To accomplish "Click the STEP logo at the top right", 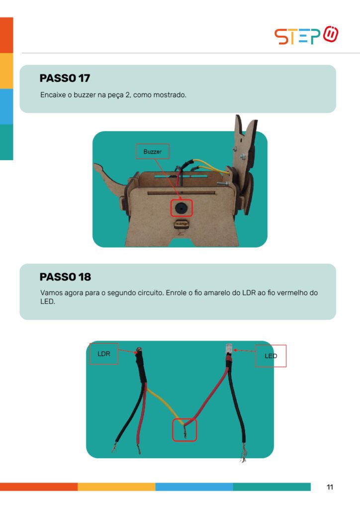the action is (x=306, y=35).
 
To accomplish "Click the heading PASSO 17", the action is (x=65, y=78).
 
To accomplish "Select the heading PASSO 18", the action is (x=65, y=277).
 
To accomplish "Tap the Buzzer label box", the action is (x=152, y=151).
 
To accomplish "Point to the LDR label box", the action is (x=104, y=354).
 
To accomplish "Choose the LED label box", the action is (x=270, y=356).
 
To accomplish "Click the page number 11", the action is (x=330, y=487).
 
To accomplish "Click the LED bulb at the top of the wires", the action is (x=229, y=348).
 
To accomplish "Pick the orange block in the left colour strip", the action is (x=6, y=35).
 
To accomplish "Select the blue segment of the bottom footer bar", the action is (x=194, y=487).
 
